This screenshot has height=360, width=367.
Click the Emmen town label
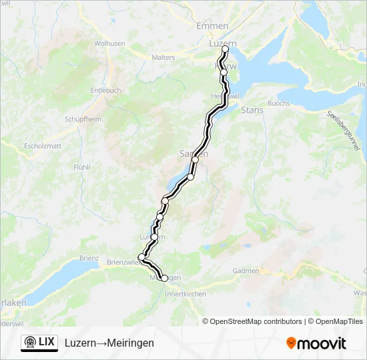click(212, 25)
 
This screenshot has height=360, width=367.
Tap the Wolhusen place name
click(109, 43)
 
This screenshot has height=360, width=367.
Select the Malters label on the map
click(163, 57)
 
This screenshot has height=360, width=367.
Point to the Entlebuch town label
click(105, 90)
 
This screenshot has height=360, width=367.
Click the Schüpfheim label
click(83, 119)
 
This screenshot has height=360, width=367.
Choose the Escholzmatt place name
click(42, 145)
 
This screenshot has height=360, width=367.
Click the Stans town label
click(252, 110)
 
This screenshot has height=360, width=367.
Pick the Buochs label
click(279, 103)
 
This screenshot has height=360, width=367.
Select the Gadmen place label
click(246, 271)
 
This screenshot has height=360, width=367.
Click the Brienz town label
click(89, 258)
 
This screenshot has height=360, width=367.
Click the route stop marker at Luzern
click(225, 49)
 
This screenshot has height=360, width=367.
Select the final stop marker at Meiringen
click(164, 278)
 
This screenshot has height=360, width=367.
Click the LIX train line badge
click(39, 342)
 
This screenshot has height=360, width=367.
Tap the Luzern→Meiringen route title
click(109, 343)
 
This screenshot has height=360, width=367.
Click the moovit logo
click(316, 343)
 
